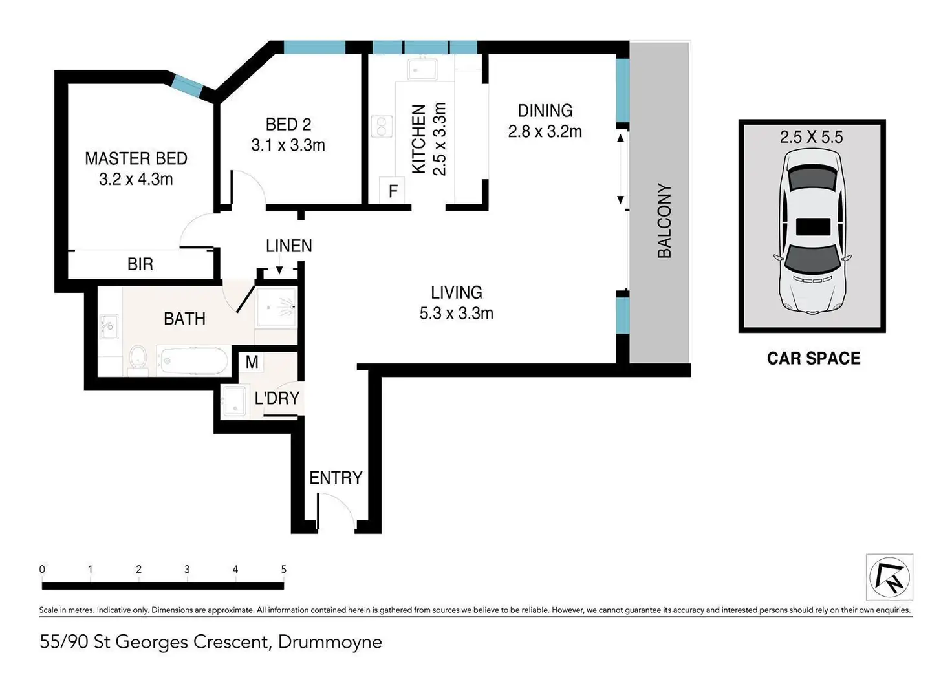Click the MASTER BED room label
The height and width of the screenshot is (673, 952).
[x=136, y=158]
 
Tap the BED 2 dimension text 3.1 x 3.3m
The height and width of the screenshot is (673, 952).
[x=288, y=145]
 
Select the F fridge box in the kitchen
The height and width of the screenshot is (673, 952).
[x=392, y=191]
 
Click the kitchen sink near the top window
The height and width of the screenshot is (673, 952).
[x=422, y=69]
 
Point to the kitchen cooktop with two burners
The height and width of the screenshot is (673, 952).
[x=382, y=127]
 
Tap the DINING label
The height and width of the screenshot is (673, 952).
[x=545, y=111]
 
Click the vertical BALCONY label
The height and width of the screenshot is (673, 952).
[x=664, y=220]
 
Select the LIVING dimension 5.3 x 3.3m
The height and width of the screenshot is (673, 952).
[x=457, y=314]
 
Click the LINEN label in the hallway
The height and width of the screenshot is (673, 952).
[x=289, y=246]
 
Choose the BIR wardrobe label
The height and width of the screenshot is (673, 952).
[x=140, y=264]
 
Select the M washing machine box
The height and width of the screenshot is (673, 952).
[x=252, y=362]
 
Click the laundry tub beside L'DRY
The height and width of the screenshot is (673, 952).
[x=234, y=400]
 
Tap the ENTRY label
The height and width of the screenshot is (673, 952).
[x=336, y=478]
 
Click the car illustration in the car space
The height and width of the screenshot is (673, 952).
[x=812, y=231]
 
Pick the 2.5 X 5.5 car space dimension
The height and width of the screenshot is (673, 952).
[x=811, y=137]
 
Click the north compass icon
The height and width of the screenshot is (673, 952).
[x=889, y=577]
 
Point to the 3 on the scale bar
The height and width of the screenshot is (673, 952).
[x=187, y=569]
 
